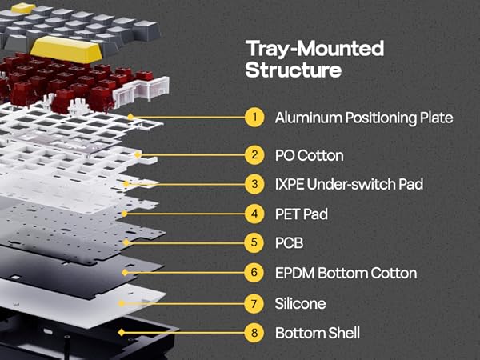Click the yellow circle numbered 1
254,117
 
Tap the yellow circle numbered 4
254,214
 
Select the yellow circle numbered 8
254,333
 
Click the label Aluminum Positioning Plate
364,118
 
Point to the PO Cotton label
309,155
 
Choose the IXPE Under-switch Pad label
349,184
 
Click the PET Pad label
302,214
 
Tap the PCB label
289,243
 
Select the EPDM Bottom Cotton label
346,273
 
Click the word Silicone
300,304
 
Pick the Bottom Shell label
318,333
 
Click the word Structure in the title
294,70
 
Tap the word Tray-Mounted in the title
314,49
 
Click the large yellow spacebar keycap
66,50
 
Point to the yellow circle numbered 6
254,273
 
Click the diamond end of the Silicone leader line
122,303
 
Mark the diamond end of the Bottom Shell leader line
122,333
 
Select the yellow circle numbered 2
254,155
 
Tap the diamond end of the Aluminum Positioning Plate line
130,117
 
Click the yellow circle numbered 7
254,304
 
